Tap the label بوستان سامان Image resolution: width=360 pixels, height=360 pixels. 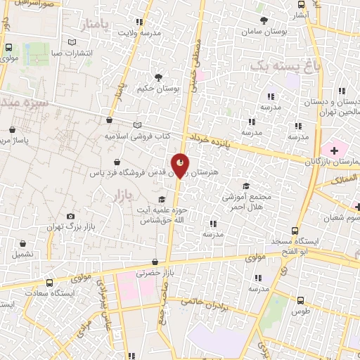point(263,32)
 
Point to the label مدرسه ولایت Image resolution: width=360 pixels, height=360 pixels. point(139,32)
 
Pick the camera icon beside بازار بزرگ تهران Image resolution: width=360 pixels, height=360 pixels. point(70,216)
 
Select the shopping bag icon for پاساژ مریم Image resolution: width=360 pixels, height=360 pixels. point(13,129)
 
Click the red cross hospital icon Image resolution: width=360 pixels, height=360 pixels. point(335,150)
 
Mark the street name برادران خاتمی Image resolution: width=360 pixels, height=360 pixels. point(208,304)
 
